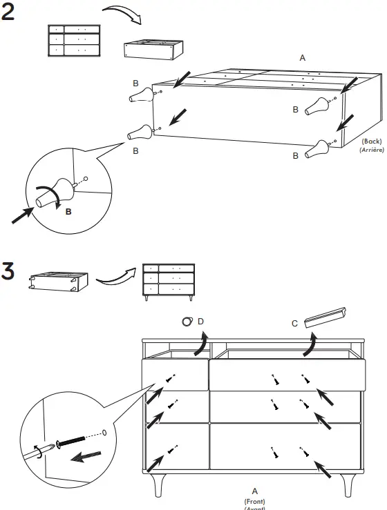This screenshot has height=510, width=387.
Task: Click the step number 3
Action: pos(9,271)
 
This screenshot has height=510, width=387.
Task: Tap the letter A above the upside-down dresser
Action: pos(302,59)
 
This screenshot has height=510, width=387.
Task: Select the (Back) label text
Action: pos(372,141)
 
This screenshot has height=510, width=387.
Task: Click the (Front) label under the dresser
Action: pos(254,501)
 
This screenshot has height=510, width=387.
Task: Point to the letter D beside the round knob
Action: pos(200,322)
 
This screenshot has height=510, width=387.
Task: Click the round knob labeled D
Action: pos(187,322)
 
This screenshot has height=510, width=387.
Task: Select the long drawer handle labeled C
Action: pos(330,317)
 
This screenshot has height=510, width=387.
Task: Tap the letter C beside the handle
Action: pos(295,323)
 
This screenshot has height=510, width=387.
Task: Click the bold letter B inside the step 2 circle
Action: pos(68,213)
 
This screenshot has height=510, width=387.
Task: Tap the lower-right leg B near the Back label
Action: pos(319,148)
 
